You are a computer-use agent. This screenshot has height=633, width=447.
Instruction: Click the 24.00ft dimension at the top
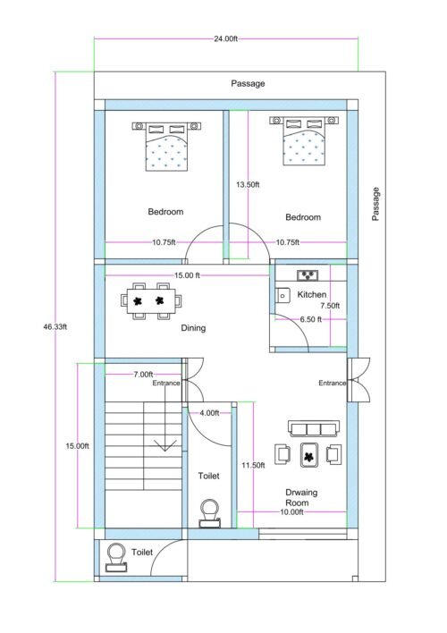(225, 39)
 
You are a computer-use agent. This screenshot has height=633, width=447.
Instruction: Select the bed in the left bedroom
(166, 146)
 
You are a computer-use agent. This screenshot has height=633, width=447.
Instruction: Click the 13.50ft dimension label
(248, 185)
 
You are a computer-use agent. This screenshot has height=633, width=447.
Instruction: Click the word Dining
(193, 328)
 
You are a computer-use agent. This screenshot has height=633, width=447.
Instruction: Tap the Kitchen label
(312, 294)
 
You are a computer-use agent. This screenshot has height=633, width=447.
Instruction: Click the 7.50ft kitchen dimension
(330, 306)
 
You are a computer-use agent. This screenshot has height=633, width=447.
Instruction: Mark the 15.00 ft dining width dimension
(187, 275)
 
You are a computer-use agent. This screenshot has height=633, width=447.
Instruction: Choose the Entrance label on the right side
(333, 383)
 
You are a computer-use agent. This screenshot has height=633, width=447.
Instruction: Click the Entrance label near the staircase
(166, 383)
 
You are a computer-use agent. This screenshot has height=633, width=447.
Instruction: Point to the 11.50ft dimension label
(254, 466)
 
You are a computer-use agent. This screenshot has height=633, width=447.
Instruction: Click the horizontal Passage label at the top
(248, 83)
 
